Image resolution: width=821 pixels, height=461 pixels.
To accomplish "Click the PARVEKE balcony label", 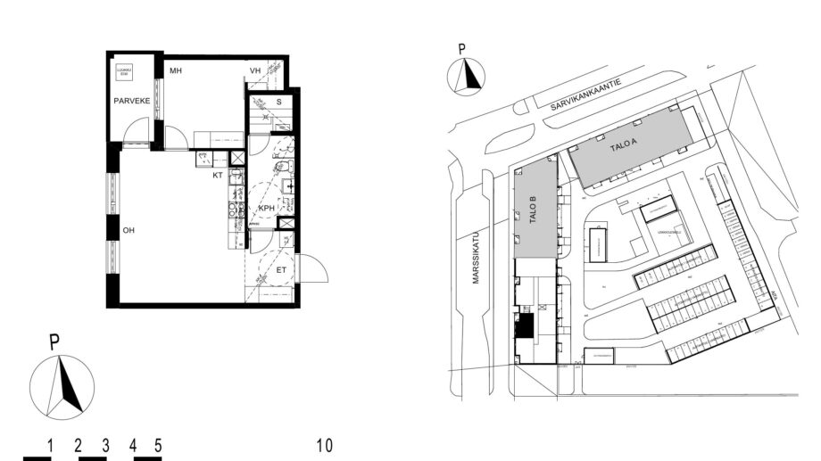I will click(129, 102).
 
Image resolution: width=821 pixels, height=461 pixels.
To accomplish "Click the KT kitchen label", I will click(217, 176).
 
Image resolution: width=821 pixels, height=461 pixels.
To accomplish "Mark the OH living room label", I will click(129, 230).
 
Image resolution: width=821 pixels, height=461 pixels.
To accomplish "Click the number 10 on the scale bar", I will click(325, 445).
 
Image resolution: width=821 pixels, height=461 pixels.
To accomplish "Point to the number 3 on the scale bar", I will click(105, 445).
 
